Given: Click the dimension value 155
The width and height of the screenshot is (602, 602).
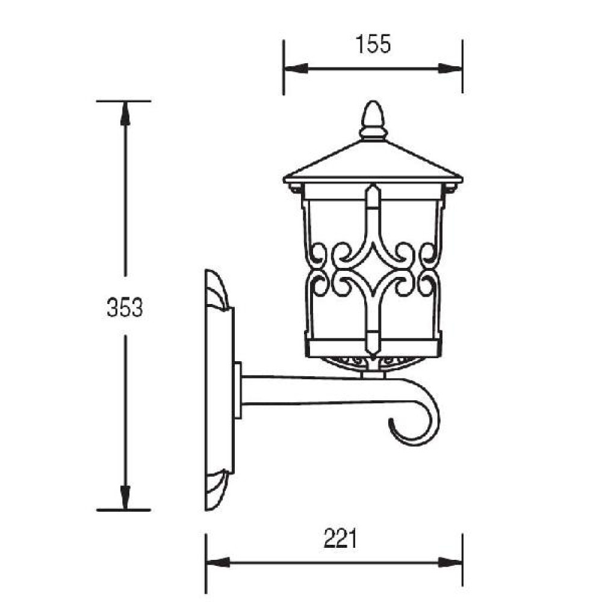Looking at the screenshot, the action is point(373,44).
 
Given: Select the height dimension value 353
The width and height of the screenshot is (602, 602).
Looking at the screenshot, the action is point(125,307).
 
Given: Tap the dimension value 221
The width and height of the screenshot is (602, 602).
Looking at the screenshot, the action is point(341,538).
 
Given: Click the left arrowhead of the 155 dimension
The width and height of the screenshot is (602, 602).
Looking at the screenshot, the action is point(296,69).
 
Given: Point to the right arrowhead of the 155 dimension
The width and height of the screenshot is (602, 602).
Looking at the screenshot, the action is point(450,69).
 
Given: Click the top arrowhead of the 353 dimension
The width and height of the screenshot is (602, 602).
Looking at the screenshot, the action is point(125,114).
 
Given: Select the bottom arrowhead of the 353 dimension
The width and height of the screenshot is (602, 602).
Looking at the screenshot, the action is point(125,498).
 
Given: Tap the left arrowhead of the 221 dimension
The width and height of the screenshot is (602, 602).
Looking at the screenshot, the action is point(218,563).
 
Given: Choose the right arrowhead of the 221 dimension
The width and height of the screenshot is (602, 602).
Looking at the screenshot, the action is point(450,563).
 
